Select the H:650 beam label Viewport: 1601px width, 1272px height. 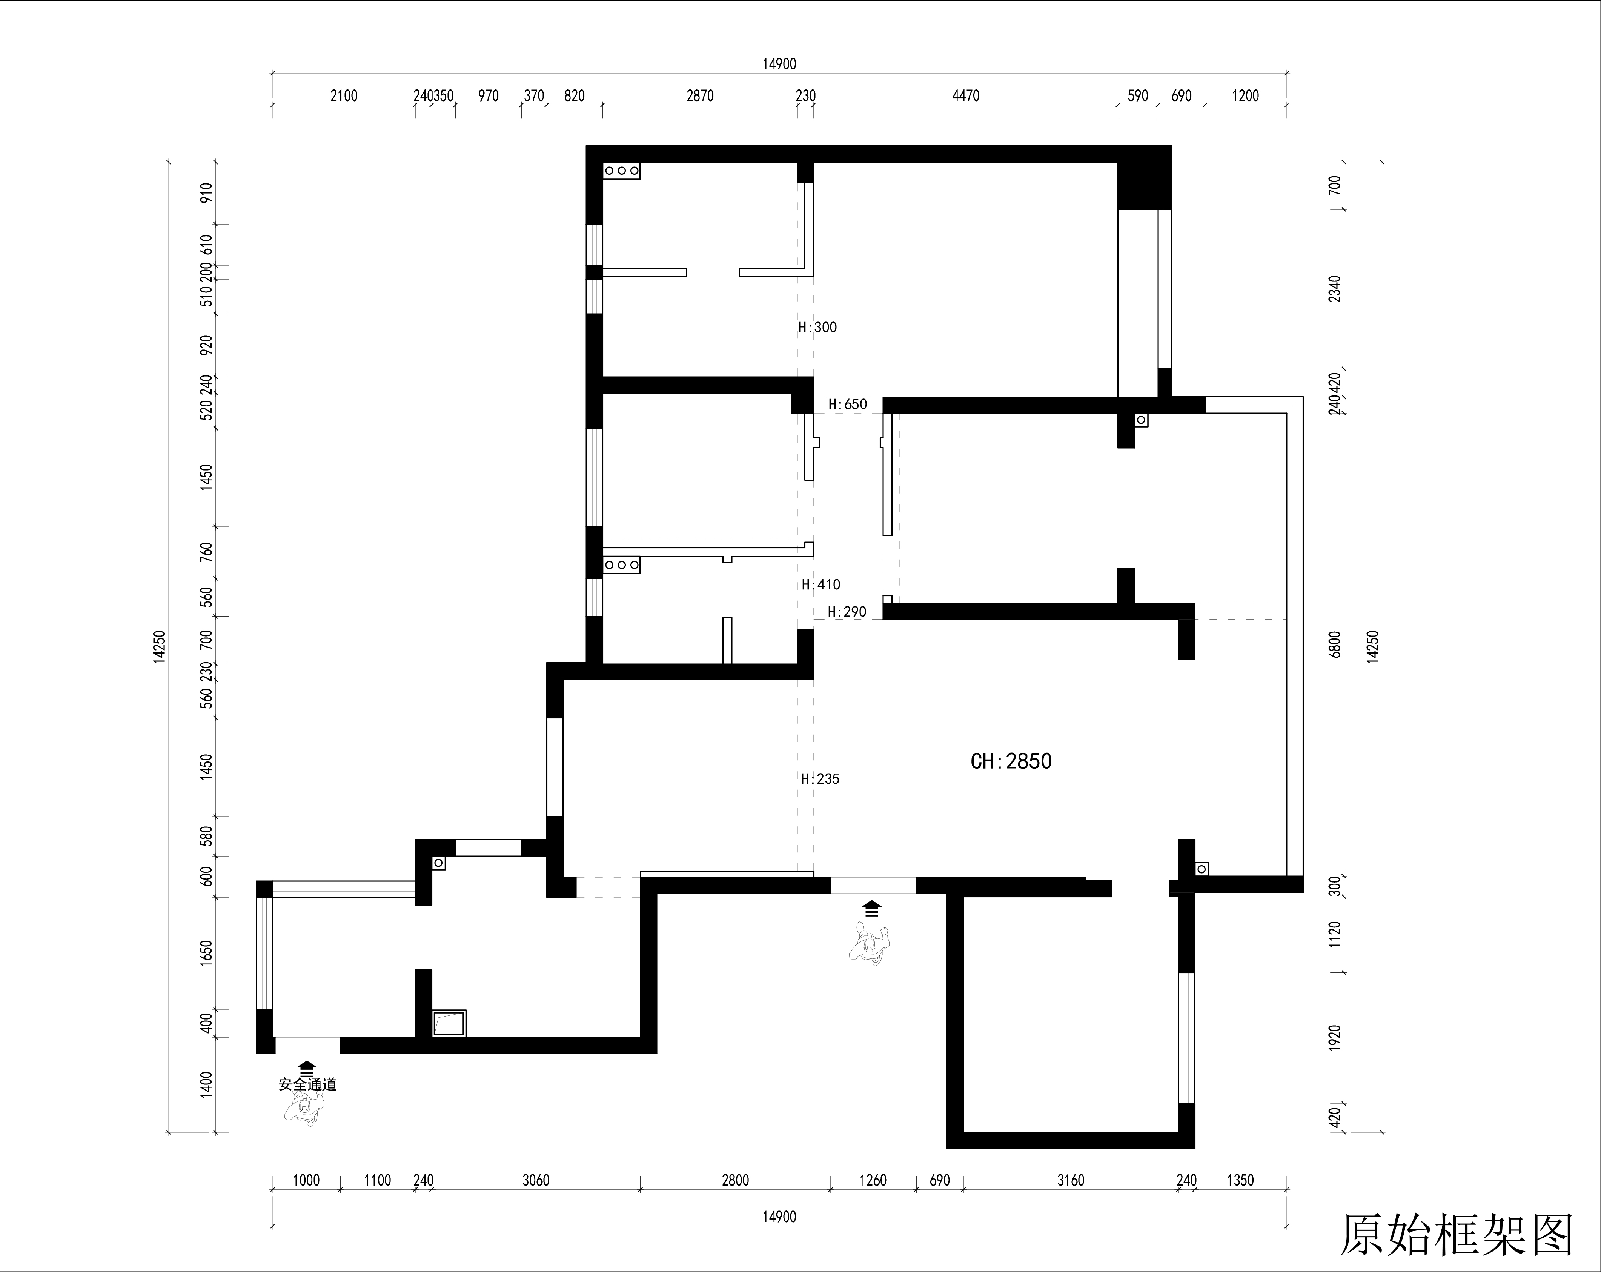[x=847, y=405]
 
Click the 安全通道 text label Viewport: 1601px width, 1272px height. [x=307, y=1085]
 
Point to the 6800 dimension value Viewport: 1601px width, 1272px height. [x=1335, y=644]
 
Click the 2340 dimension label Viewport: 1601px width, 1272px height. [x=1335, y=289]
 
